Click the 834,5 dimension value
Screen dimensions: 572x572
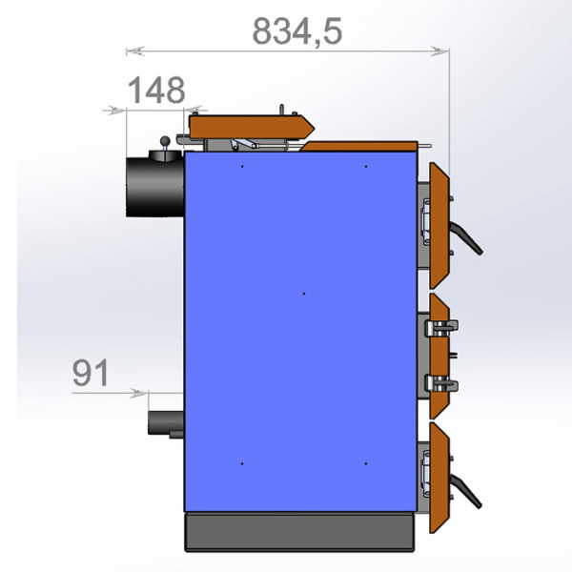tap(297, 31)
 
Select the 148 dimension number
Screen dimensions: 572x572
tap(156, 91)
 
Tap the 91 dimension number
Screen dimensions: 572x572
tap(91, 373)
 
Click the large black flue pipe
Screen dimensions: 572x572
tap(155, 187)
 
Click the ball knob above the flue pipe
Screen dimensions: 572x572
tap(165, 141)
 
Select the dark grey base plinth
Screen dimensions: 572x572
tap(299, 532)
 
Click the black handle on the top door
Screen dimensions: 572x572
tap(466, 237)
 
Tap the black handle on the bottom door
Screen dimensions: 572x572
tap(466, 490)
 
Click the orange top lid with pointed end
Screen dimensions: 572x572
tap(251, 127)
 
